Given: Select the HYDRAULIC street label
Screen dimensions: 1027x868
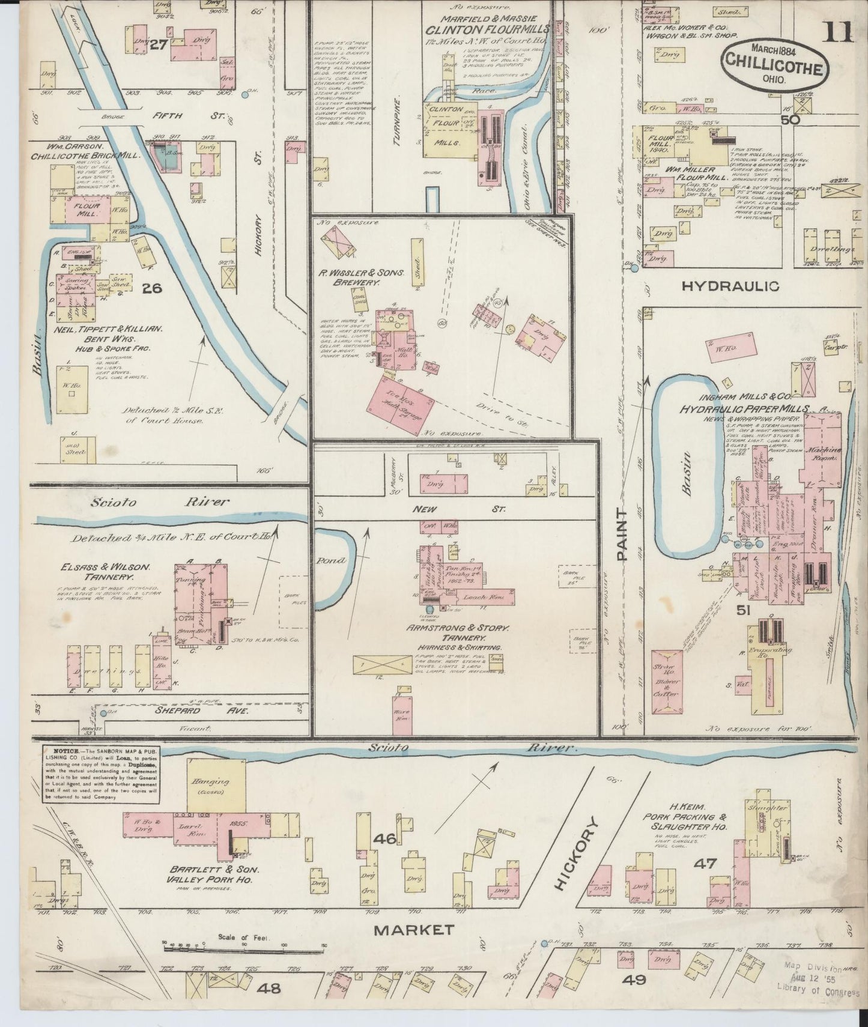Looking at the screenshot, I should (730, 286).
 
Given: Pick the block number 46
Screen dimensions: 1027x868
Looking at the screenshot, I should (384, 837).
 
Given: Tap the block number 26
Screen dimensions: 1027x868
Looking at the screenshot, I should (152, 288).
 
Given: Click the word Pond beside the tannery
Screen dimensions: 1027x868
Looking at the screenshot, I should (332, 560).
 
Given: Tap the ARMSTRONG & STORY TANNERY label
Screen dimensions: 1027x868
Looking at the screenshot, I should (458, 632).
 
